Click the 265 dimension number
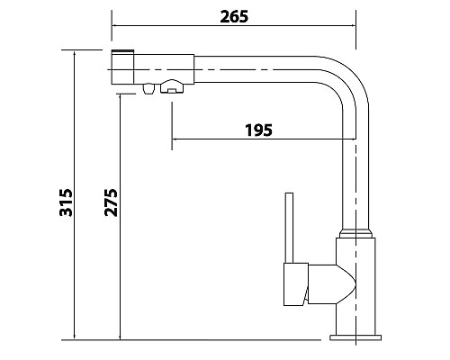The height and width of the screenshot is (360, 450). pos(234,16)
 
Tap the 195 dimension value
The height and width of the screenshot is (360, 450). pos(258,130)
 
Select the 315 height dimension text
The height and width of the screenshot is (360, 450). pos(66,202)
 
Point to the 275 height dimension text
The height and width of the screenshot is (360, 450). pos(111,202)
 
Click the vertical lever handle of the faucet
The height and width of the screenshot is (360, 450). pos(289,228)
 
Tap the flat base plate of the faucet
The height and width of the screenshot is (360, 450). pos(355,337)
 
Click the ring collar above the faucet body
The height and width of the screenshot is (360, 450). pos(355,234)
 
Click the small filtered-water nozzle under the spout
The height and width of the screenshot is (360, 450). pos(148,89)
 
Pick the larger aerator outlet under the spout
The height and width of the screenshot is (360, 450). pos(172,86)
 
